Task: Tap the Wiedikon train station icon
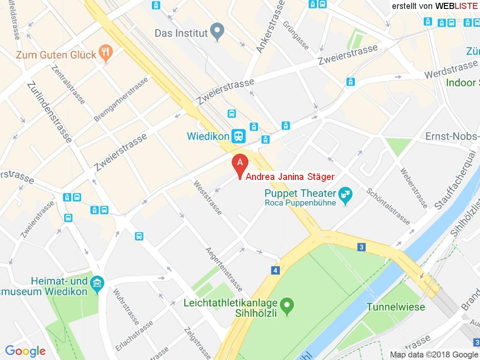(239, 136)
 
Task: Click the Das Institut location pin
(216, 31)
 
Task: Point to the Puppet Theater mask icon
(346, 196)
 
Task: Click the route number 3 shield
(361, 247)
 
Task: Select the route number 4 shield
(275, 270)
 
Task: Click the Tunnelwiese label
(396, 307)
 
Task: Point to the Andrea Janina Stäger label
(290, 177)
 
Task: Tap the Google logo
(25, 351)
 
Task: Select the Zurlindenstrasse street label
(49, 112)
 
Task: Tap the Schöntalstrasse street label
(389, 206)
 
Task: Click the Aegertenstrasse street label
(224, 269)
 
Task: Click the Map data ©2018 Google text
(434, 355)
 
